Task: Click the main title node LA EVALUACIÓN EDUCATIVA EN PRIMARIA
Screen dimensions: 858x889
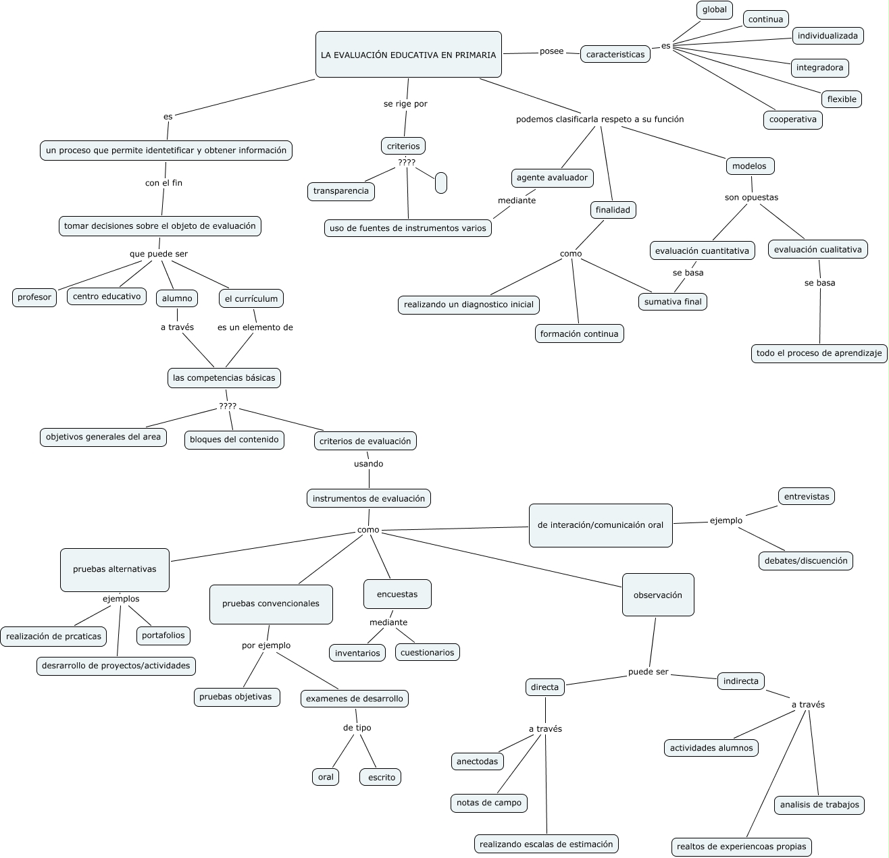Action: pyautogui.click(x=408, y=55)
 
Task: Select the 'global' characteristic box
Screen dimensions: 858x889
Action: pyautogui.click(x=714, y=10)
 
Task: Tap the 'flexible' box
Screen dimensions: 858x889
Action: pyautogui.click(x=841, y=99)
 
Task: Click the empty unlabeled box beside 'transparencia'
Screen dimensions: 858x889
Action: pyautogui.click(x=441, y=183)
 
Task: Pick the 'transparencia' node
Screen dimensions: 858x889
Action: pyautogui.click(x=340, y=191)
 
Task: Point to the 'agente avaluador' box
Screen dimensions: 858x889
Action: pyautogui.click(x=552, y=178)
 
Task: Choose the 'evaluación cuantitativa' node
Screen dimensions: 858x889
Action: pyautogui.click(x=702, y=250)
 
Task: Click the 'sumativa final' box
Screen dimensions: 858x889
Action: pyautogui.click(x=672, y=302)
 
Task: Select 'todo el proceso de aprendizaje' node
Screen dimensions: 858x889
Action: pyautogui.click(x=819, y=353)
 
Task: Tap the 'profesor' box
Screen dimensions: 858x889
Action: pyautogui.click(x=34, y=297)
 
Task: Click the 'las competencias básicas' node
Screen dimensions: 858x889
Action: pyautogui.click(x=224, y=378)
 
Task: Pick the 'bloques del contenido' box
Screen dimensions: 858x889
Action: pyautogui.click(x=234, y=439)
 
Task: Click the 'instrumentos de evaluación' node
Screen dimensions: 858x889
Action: pyautogui.click(x=368, y=499)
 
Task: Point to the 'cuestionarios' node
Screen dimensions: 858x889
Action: pyautogui.click(x=427, y=652)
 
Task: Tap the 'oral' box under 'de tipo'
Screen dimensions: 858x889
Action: pyautogui.click(x=326, y=777)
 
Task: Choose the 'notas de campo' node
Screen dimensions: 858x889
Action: pyautogui.click(x=488, y=803)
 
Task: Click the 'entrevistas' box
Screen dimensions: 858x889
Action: pyautogui.click(x=806, y=496)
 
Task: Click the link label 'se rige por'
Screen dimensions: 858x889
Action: pyautogui.click(x=405, y=104)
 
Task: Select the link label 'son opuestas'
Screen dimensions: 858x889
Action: pyautogui.click(x=751, y=198)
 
